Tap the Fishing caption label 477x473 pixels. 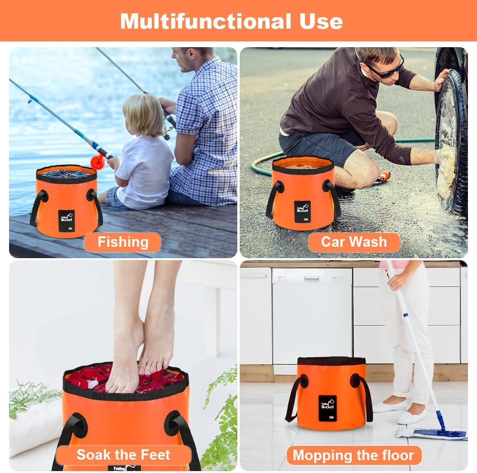pos(123,242)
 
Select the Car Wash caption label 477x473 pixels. pos(354,242)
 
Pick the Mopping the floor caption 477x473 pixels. pos(353,455)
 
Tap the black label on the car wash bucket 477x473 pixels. pos(302,211)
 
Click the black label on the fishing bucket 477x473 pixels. pos(67,220)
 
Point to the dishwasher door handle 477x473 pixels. pos(312,280)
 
